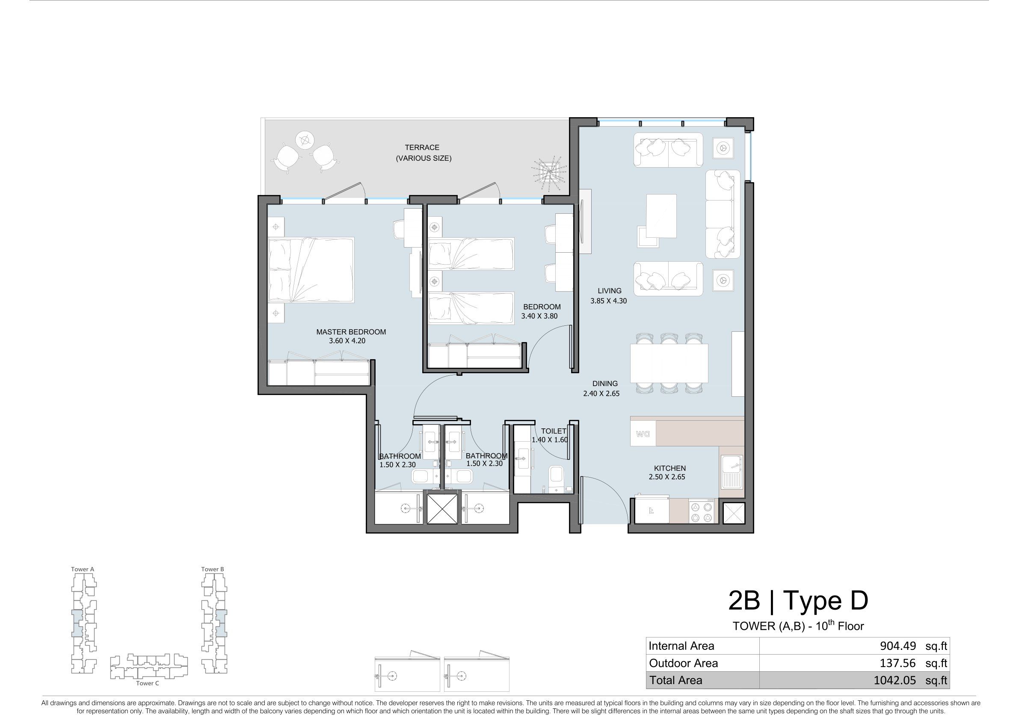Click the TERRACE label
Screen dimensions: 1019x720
(422, 147)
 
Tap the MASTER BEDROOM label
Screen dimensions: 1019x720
(351, 332)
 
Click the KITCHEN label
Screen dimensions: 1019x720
(670, 468)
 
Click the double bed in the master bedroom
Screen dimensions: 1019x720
(311, 270)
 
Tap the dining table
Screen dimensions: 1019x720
(669, 363)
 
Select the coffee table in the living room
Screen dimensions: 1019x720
(661, 216)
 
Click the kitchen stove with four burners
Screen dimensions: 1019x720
(703, 511)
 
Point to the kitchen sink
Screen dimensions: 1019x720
(732, 471)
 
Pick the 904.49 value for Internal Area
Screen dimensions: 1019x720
(898, 646)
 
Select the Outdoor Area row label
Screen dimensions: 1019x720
(683, 663)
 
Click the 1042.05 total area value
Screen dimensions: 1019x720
(895, 680)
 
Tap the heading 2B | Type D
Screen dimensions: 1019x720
(798, 601)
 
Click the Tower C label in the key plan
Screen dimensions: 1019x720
(147, 683)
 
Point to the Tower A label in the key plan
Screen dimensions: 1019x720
(83, 569)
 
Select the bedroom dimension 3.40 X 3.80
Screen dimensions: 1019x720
(539, 316)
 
